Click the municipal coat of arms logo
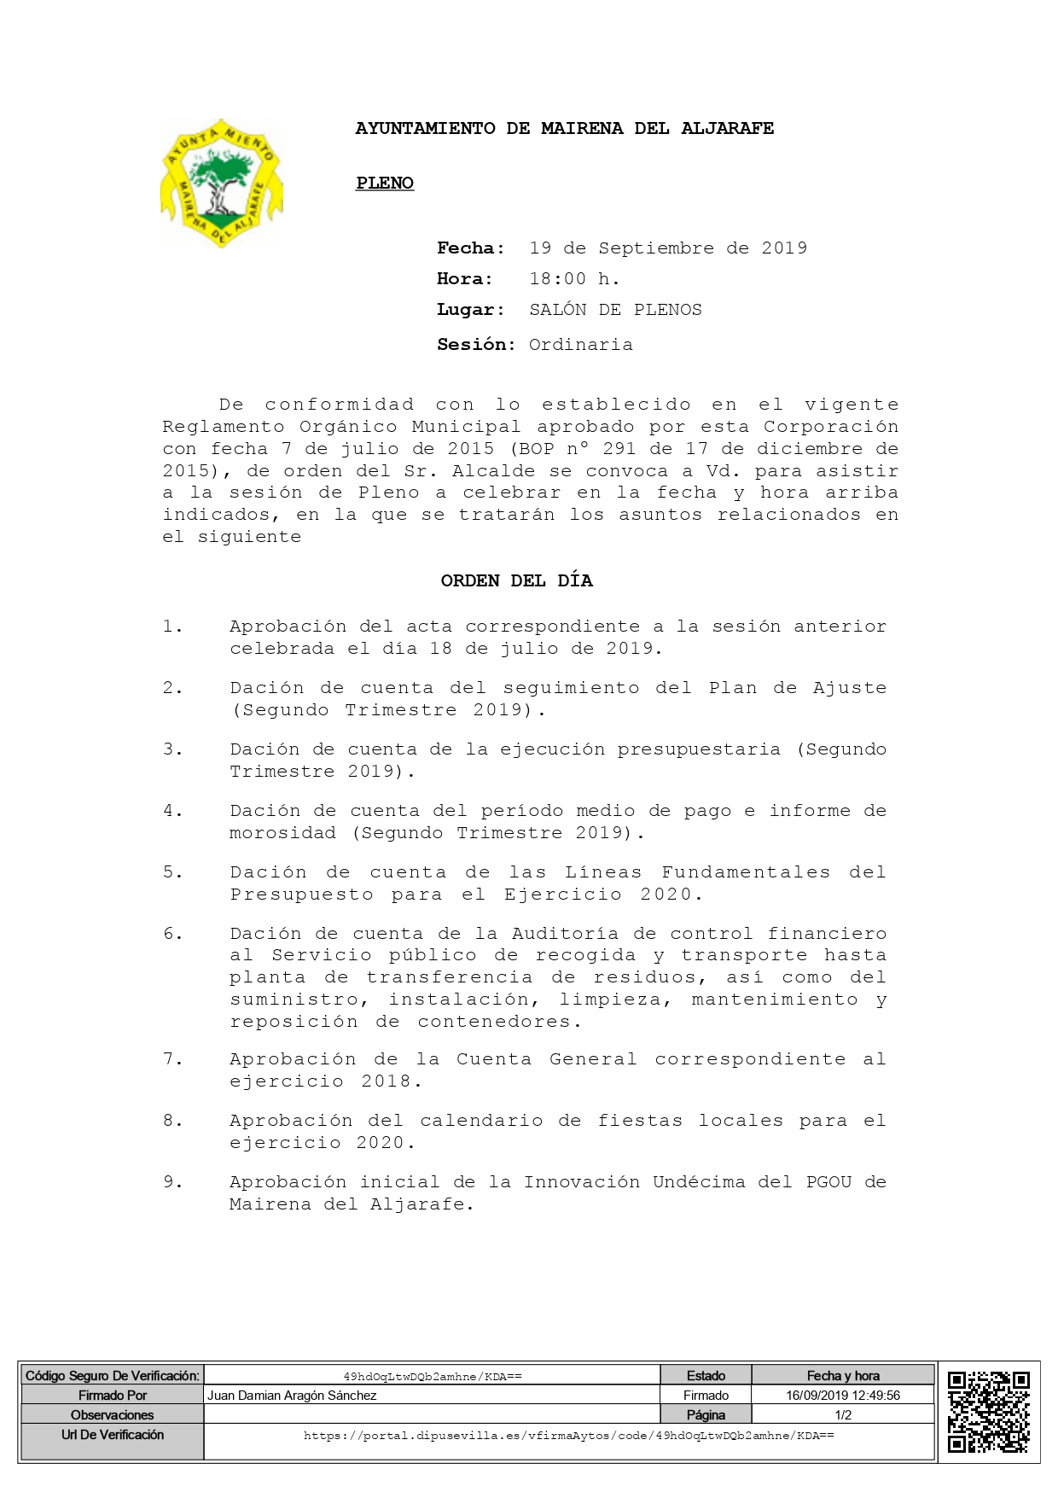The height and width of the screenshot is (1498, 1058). tap(221, 184)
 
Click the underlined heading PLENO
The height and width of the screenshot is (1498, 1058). tap(385, 183)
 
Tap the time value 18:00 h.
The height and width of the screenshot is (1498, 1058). tap(574, 279)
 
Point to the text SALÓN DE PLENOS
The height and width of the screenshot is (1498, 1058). tap(615, 310)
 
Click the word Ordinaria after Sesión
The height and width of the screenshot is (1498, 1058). tap(580, 345)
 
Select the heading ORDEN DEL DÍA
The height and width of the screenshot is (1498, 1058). tap(516, 580)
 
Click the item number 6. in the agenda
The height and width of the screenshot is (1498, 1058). tap(173, 934)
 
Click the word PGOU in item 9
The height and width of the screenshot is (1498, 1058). tap(828, 1182)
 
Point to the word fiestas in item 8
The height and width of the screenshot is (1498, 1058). tap(640, 1121)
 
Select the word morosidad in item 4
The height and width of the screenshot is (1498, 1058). tap(282, 833)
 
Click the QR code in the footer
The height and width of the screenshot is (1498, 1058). tap(989, 1412)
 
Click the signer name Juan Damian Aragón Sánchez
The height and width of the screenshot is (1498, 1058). tap(292, 1396)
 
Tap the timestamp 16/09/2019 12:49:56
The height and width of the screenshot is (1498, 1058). tap(842, 1396)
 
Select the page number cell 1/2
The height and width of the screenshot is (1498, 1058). tap(842, 1415)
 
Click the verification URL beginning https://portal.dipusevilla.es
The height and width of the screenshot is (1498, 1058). tap(568, 1436)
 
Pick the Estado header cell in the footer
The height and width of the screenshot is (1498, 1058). tap(706, 1376)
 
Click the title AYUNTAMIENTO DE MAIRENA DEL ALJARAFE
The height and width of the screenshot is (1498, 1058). tap(564, 129)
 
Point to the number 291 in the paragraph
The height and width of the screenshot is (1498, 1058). tap(619, 449)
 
